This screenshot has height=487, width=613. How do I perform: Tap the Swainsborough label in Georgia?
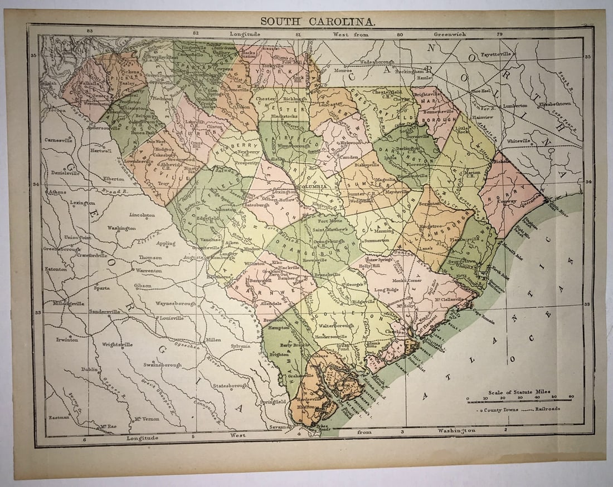click(x=162, y=365)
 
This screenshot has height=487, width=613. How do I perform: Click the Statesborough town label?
click(x=230, y=385)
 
